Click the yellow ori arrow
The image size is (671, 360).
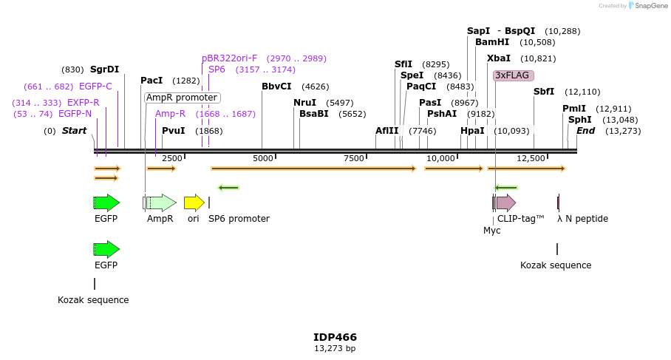point(194,203)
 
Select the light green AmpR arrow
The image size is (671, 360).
point(160,203)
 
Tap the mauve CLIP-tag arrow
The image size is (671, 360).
point(505,203)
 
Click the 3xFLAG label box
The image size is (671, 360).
point(514,75)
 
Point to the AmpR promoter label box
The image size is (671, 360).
point(182,98)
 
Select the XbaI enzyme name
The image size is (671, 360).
point(498,58)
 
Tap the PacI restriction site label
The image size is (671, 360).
point(151,81)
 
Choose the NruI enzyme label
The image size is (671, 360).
point(304,103)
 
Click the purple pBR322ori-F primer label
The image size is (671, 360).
point(230,58)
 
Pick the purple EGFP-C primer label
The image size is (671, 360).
point(95,86)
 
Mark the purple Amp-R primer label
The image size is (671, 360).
point(170,114)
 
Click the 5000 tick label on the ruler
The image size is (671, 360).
point(262,158)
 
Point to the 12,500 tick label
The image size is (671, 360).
point(531,158)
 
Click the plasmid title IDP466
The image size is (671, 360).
point(335,337)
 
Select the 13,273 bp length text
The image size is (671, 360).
point(335,348)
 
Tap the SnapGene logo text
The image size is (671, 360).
point(651,6)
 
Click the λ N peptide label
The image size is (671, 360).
point(582,219)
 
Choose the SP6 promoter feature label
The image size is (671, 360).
point(239,219)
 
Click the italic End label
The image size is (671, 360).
point(585,131)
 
